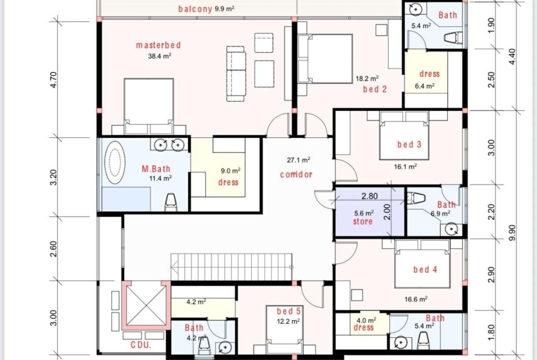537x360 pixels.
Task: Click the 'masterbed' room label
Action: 158,45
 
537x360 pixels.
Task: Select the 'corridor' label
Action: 296,175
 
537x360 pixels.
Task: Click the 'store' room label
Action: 363,222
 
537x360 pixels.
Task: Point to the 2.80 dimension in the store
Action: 369,196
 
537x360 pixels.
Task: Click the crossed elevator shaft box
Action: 146,305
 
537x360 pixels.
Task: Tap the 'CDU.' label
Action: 141,344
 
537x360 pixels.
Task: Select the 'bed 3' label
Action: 409,144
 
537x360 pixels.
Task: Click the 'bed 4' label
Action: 425,270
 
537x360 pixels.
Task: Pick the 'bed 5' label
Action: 289,311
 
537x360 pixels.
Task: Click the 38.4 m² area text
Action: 160,56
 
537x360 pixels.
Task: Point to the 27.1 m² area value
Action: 299,160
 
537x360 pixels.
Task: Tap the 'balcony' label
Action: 195,9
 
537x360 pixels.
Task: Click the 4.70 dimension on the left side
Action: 53,79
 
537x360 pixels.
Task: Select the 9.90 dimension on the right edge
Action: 512,233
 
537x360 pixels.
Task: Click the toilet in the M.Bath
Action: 170,202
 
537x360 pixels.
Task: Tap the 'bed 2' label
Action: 375,89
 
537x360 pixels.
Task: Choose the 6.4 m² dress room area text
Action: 425,86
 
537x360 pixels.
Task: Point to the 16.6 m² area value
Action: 416,299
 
